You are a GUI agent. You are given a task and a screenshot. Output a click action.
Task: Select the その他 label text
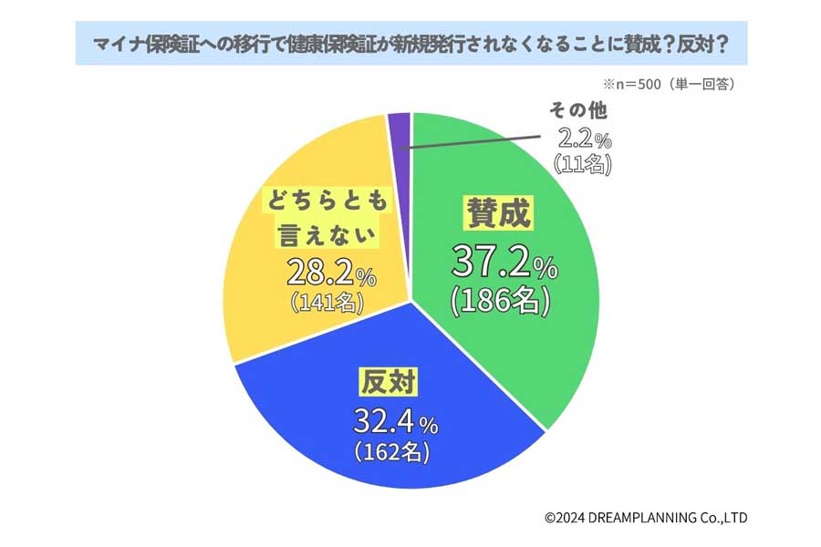[x=577, y=112]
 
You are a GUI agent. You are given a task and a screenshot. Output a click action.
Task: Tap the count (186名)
[x=499, y=303]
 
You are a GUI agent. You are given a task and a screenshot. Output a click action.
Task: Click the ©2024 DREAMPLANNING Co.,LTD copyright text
[x=646, y=518]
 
